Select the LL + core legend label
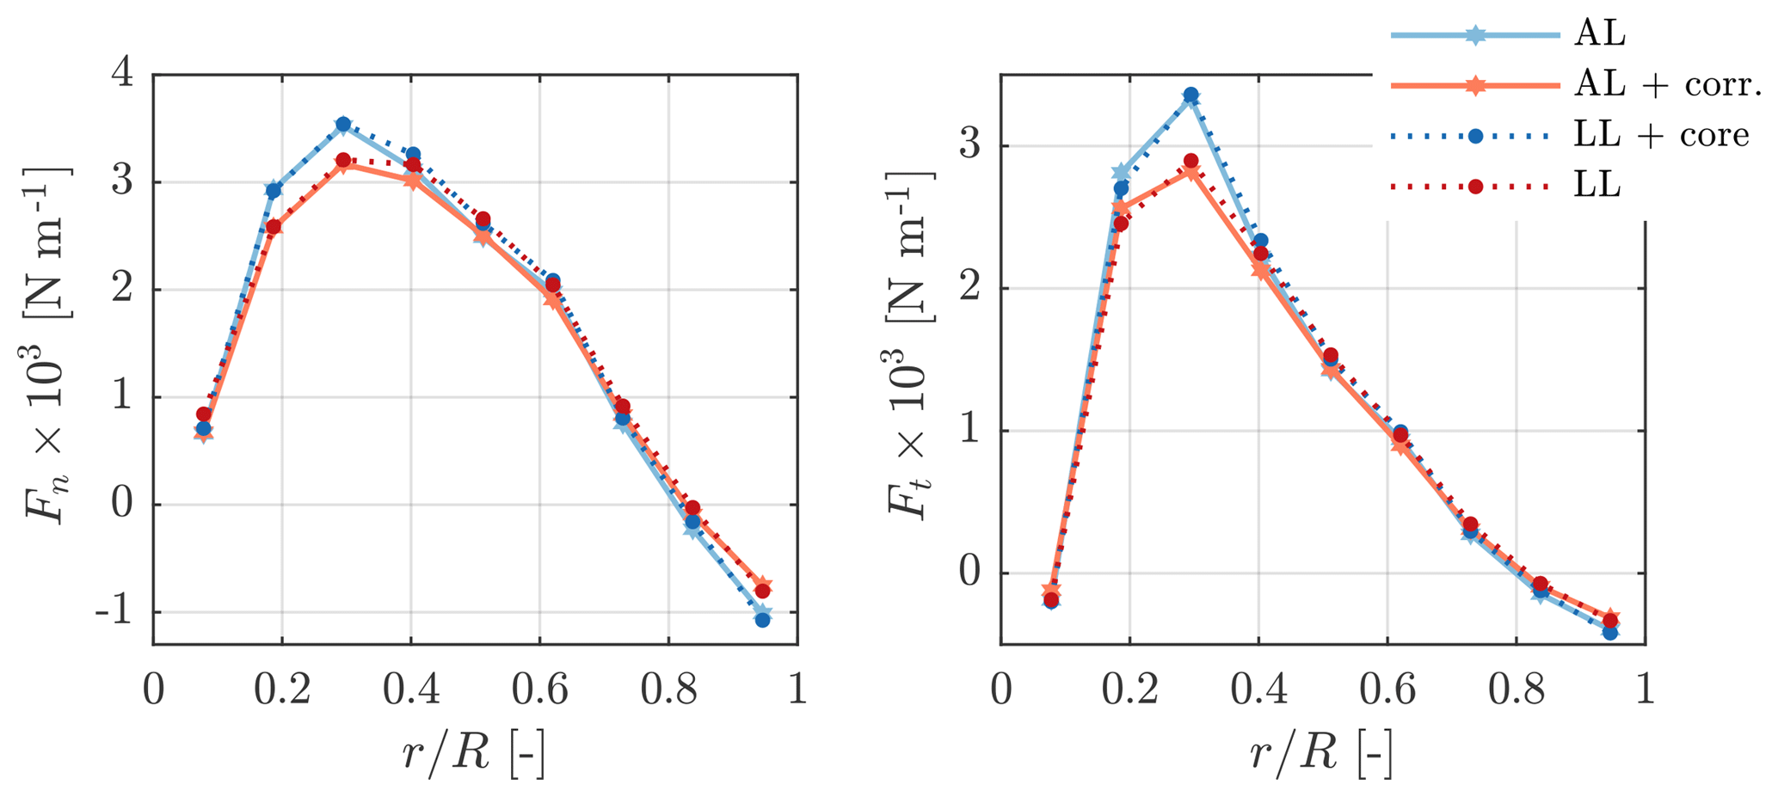point(1661,135)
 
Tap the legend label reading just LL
point(1597,186)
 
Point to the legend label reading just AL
point(1600,34)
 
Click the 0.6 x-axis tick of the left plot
point(539,690)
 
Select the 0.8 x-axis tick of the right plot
point(1516,690)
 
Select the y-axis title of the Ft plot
point(908,344)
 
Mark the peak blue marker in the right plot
point(1190,95)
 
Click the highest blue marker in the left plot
point(343,124)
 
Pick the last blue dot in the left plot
point(762,619)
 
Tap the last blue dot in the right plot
point(1610,632)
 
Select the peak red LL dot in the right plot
point(1190,161)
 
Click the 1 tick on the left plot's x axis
point(797,690)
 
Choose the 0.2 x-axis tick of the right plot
point(1129,690)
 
